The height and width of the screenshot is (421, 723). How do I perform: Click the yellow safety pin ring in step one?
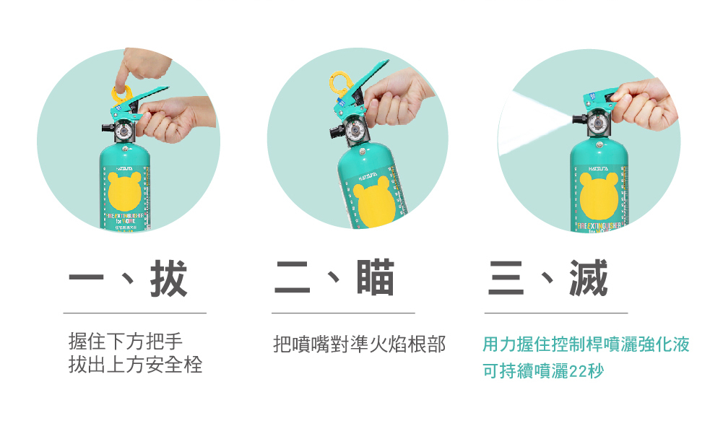pyautogui.click(x=120, y=92)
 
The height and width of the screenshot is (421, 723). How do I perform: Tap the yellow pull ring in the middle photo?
pyautogui.click(x=337, y=81)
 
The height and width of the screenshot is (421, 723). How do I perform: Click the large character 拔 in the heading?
pyautogui.click(x=168, y=279)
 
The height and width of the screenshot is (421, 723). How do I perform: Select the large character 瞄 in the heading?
pyautogui.click(x=376, y=279)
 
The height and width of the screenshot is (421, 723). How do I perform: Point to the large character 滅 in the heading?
pyautogui.click(x=588, y=279)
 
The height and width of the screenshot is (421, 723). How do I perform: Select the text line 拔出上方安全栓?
pyautogui.click(x=135, y=365)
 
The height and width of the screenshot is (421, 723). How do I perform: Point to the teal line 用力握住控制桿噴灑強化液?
pyautogui.click(x=586, y=344)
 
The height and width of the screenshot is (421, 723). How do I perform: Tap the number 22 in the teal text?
pyautogui.click(x=579, y=372)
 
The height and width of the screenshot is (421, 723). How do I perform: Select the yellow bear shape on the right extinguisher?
pyautogui.click(x=599, y=197)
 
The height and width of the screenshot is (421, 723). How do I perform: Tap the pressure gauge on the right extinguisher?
pyautogui.click(x=596, y=124)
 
